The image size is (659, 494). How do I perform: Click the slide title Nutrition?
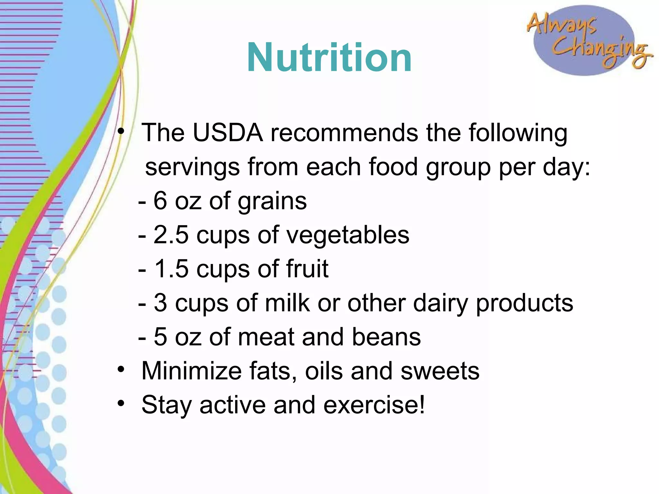point(329,58)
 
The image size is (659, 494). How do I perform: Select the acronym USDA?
point(228,133)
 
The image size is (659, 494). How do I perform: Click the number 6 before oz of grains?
point(160,201)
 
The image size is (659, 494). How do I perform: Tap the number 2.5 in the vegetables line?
point(171,235)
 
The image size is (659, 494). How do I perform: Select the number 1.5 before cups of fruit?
point(172,269)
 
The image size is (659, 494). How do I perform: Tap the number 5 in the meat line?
point(160,337)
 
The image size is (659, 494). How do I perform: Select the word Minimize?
point(191,371)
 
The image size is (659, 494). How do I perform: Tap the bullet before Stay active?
point(121,403)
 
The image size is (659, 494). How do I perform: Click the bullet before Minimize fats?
point(121,369)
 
